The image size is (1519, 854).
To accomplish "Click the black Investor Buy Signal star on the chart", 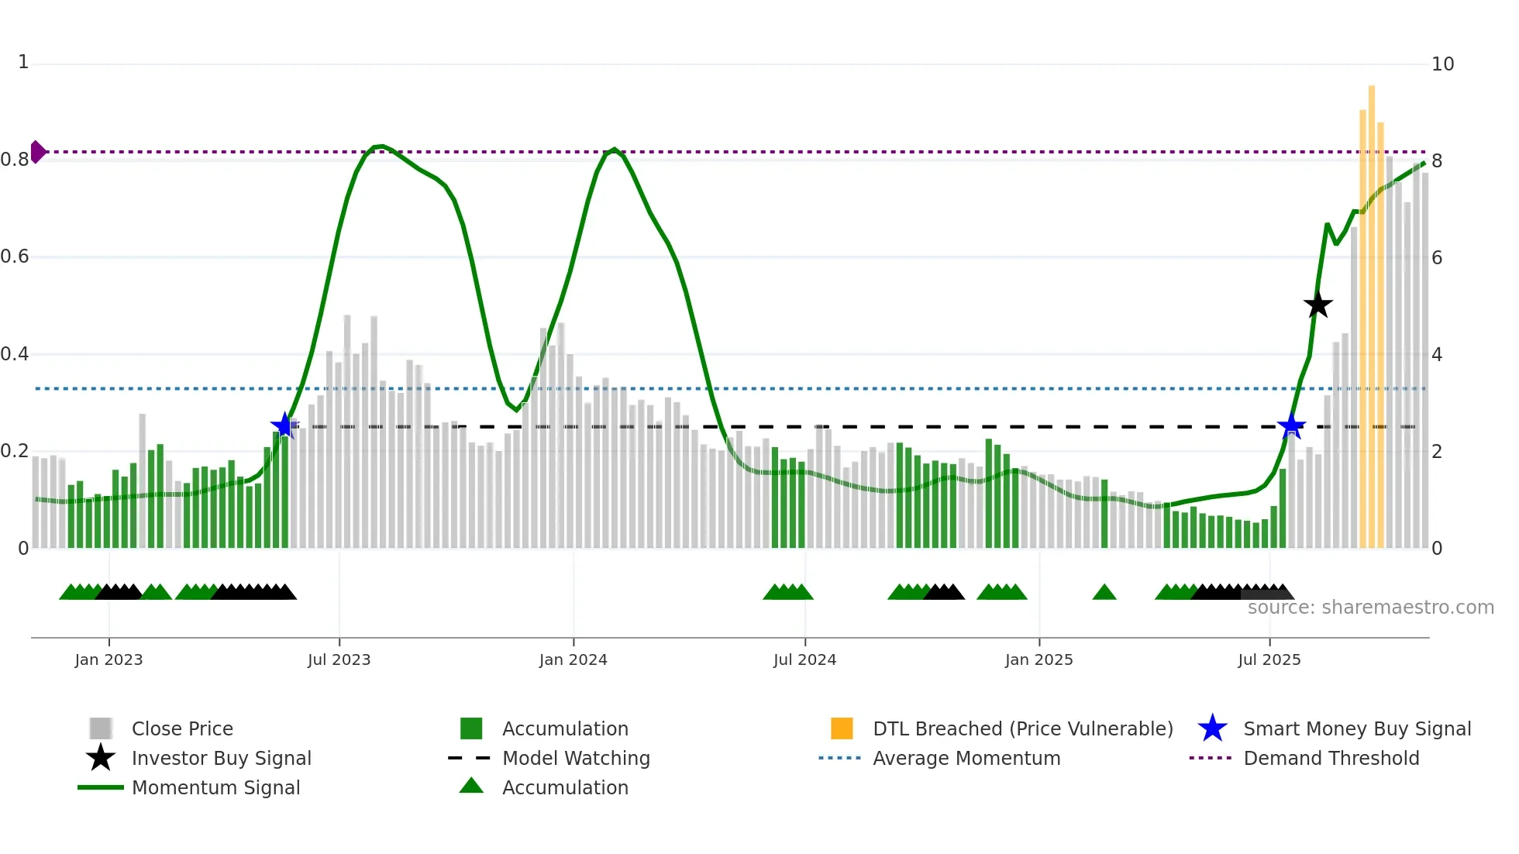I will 1317,305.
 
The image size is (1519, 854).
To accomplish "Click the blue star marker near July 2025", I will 1291,426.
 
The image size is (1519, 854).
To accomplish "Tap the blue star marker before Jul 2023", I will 284,425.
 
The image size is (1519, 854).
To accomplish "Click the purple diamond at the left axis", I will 37,152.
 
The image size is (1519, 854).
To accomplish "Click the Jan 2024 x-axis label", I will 573,660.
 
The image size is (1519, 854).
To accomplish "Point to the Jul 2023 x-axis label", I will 339,660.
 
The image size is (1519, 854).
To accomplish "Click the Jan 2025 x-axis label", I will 1038,660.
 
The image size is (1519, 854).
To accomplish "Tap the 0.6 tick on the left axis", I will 15,257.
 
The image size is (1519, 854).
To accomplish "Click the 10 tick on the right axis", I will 1442,64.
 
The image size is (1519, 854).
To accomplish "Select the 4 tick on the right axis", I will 1437,355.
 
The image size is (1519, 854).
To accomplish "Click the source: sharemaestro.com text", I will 1370,608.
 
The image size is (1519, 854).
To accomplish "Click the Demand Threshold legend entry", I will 1331,759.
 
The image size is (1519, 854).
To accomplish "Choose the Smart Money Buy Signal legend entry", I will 1356,729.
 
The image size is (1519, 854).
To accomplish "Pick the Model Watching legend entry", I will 575,759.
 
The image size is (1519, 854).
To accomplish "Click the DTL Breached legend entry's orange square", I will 842,728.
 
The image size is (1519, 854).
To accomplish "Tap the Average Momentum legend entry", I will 966,759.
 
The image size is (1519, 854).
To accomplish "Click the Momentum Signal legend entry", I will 215,788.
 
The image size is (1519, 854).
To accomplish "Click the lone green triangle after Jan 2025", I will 1104,593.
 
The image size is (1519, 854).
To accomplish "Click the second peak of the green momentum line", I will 614,150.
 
